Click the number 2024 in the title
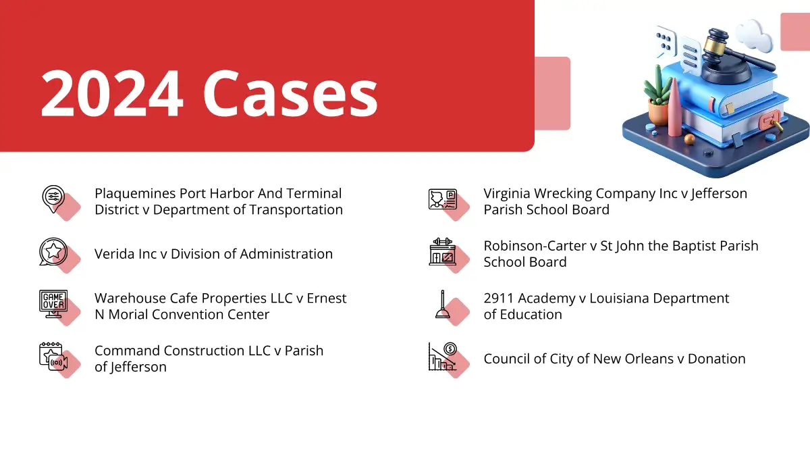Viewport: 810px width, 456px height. point(112,93)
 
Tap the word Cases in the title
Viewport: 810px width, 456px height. point(290,93)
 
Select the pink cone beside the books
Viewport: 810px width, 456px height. point(675,108)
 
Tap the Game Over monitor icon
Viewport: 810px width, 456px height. point(53,304)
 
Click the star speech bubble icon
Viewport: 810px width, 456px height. point(53,251)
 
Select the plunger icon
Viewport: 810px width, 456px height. point(443,305)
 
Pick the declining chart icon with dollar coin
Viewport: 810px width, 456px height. point(443,357)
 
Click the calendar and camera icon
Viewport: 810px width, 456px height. point(53,357)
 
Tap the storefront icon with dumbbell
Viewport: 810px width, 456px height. point(443,251)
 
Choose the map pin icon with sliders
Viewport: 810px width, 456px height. point(53,199)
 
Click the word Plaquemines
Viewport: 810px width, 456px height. point(135,194)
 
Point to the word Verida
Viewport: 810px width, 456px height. point(115,254)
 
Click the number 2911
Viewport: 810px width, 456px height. point(499,299)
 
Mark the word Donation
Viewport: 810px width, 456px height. point(716,359)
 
